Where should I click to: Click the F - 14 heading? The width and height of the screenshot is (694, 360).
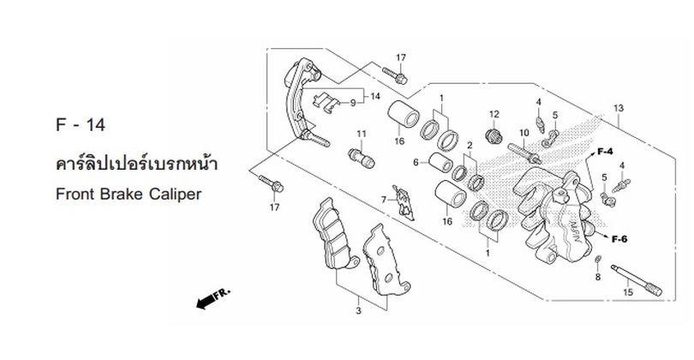pos(81,125)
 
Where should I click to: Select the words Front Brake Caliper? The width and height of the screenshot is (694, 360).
pos(129,195)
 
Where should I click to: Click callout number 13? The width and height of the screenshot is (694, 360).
pos(619,108)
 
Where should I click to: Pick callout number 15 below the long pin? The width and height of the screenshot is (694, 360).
pos(628,292)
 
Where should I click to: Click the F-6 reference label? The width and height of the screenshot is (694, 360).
pos(619,239)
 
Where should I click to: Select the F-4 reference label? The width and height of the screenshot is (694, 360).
pos(605,152)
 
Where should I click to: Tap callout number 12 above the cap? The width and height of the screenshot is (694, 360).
pos(494,114)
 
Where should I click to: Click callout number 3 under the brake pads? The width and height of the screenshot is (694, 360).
pos(358,311)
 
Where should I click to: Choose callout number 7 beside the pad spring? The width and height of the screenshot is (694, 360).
pos(384,201)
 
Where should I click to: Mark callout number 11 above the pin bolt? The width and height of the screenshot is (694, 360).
pos(362,134)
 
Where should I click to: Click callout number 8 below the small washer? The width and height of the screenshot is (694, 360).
pos(597,277)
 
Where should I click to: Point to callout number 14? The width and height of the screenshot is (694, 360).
pos(375,96)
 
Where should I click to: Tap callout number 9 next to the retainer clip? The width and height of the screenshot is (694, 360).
pos(353,103)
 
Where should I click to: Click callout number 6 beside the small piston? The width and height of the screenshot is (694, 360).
pos(416,163)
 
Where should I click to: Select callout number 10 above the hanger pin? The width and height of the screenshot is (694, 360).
pos(524,133)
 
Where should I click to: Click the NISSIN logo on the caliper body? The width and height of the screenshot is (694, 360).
pos(573,231)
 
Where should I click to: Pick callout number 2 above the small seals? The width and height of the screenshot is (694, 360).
pos(470,145)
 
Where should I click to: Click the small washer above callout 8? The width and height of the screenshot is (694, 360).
pos(597,259)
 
